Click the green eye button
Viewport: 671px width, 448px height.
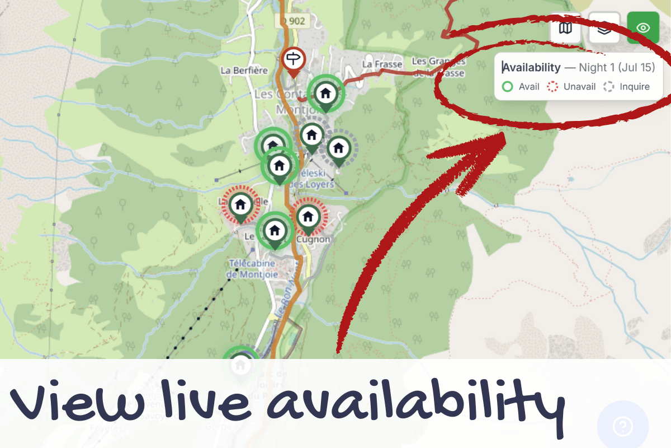(642, 27)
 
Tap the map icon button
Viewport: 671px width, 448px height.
(565, 28)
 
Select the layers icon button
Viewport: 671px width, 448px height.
(604, 28)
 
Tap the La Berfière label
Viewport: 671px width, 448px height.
(244, 71)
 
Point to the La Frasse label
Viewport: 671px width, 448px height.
(382, 64)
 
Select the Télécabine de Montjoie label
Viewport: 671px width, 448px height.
(253, 269)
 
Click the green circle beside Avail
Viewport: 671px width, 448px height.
(507, 87)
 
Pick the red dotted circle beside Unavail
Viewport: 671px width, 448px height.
(552, 87)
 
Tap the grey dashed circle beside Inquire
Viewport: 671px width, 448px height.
(609, 87)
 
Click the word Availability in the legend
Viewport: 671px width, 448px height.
(531, 68)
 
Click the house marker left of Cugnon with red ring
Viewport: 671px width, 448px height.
(240, 204)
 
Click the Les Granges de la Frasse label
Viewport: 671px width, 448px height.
(438, 67)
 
